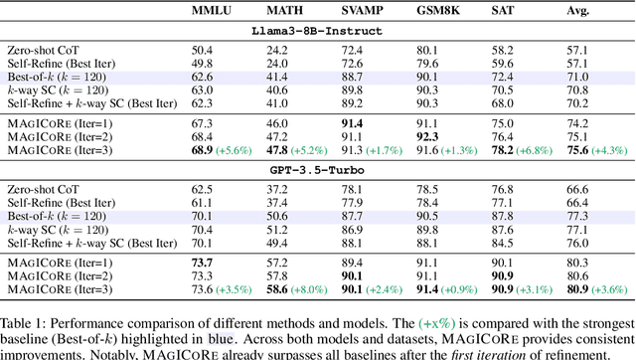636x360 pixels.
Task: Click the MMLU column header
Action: [x=213, y=11]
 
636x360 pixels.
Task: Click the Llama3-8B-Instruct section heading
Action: [x=318, y=31]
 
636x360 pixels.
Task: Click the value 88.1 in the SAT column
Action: [x=499, y=229]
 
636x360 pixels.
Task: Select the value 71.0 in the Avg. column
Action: [x=576, y=75]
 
